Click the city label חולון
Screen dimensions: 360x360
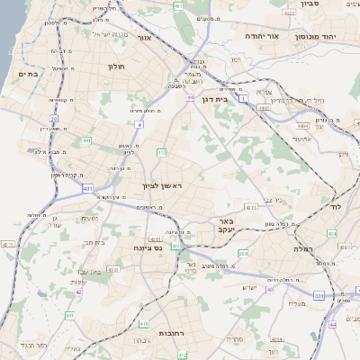pyautogui.click(x=114, y=67)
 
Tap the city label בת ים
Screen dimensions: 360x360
pyautogui.click(x=29, y=75)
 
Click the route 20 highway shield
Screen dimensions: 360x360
pyautogui.click(x=54, y=118)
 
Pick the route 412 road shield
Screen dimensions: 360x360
pyautogui.click(x=162, y=154)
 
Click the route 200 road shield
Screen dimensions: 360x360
pyautogui.click(x=243, y=255)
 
